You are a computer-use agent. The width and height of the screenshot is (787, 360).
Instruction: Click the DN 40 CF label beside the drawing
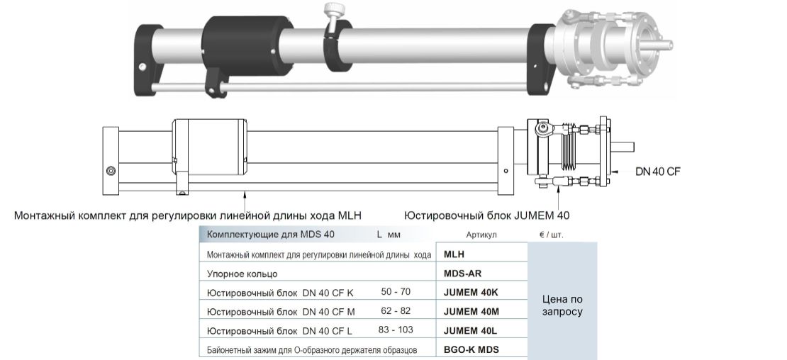[x=658, y=171]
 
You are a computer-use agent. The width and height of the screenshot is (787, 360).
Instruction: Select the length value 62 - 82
[x=396, y=311]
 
